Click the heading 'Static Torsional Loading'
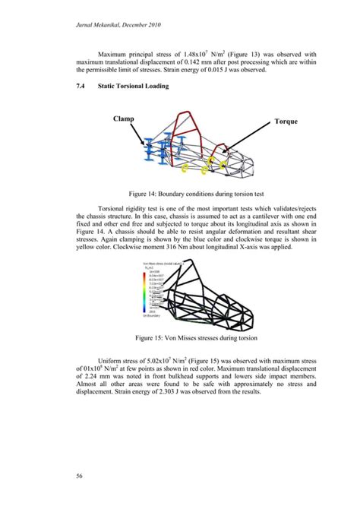coord(134,87)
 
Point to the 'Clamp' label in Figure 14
coord(125,119)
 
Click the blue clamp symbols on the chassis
coord(155,155)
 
